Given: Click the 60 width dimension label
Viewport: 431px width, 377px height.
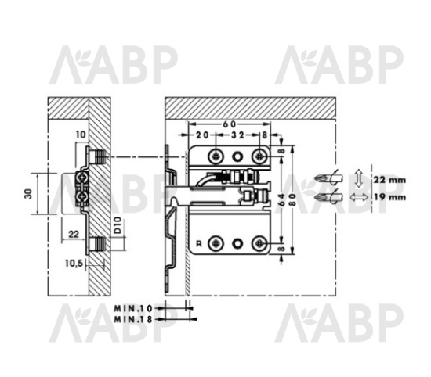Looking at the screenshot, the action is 230,124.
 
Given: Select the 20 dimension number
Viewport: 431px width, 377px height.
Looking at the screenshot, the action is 202,135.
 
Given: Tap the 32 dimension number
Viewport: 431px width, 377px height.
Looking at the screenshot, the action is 237,135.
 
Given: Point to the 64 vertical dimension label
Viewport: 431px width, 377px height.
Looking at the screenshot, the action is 283,199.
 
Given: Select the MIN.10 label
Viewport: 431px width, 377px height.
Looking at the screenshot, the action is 133,308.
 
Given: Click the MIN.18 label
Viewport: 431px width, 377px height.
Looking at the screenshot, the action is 133,319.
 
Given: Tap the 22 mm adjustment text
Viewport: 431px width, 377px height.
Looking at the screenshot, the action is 389,180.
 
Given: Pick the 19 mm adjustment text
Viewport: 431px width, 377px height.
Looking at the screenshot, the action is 389,197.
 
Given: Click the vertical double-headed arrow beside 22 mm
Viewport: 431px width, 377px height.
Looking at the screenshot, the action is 358,178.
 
